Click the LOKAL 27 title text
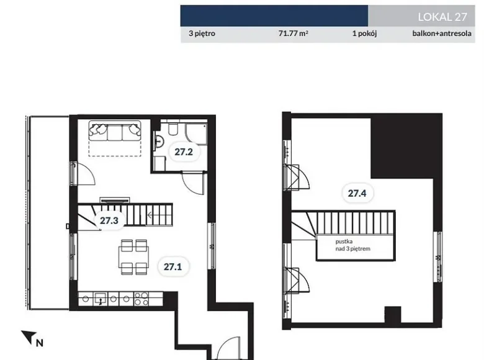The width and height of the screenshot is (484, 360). coord(442,17)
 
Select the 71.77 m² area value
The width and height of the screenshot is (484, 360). coord(294,34)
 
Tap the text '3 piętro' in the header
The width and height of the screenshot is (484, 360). coord(202,34)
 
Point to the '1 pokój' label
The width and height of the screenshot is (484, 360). coord(364,34)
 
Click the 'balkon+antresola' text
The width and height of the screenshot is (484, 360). coord(442,34)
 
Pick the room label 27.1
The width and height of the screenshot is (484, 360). coord(173,266)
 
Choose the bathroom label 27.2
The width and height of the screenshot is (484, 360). coord(184,151)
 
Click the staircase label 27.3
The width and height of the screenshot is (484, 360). coord(109,220)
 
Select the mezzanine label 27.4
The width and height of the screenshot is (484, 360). coord(357,193)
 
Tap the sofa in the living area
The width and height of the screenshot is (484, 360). coord(115,131)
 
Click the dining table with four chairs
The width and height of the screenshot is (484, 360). coord(133,257)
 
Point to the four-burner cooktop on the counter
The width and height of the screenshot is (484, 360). coord(141,299)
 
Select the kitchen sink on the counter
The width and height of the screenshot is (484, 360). coord(101,299)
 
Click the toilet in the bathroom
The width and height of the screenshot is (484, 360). coord(173,128)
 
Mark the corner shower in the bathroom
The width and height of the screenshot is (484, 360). coord(196,133)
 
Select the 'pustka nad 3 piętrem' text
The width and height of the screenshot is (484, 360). coord(353,245)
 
